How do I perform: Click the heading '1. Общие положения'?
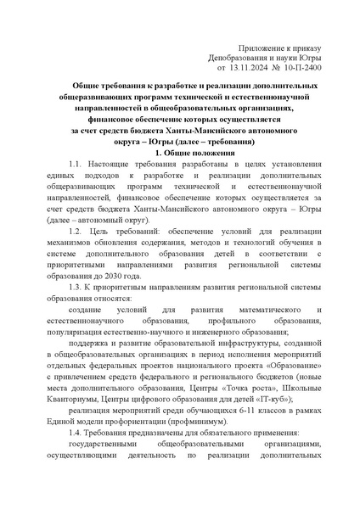pyautogui.click(x=180, y=151)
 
